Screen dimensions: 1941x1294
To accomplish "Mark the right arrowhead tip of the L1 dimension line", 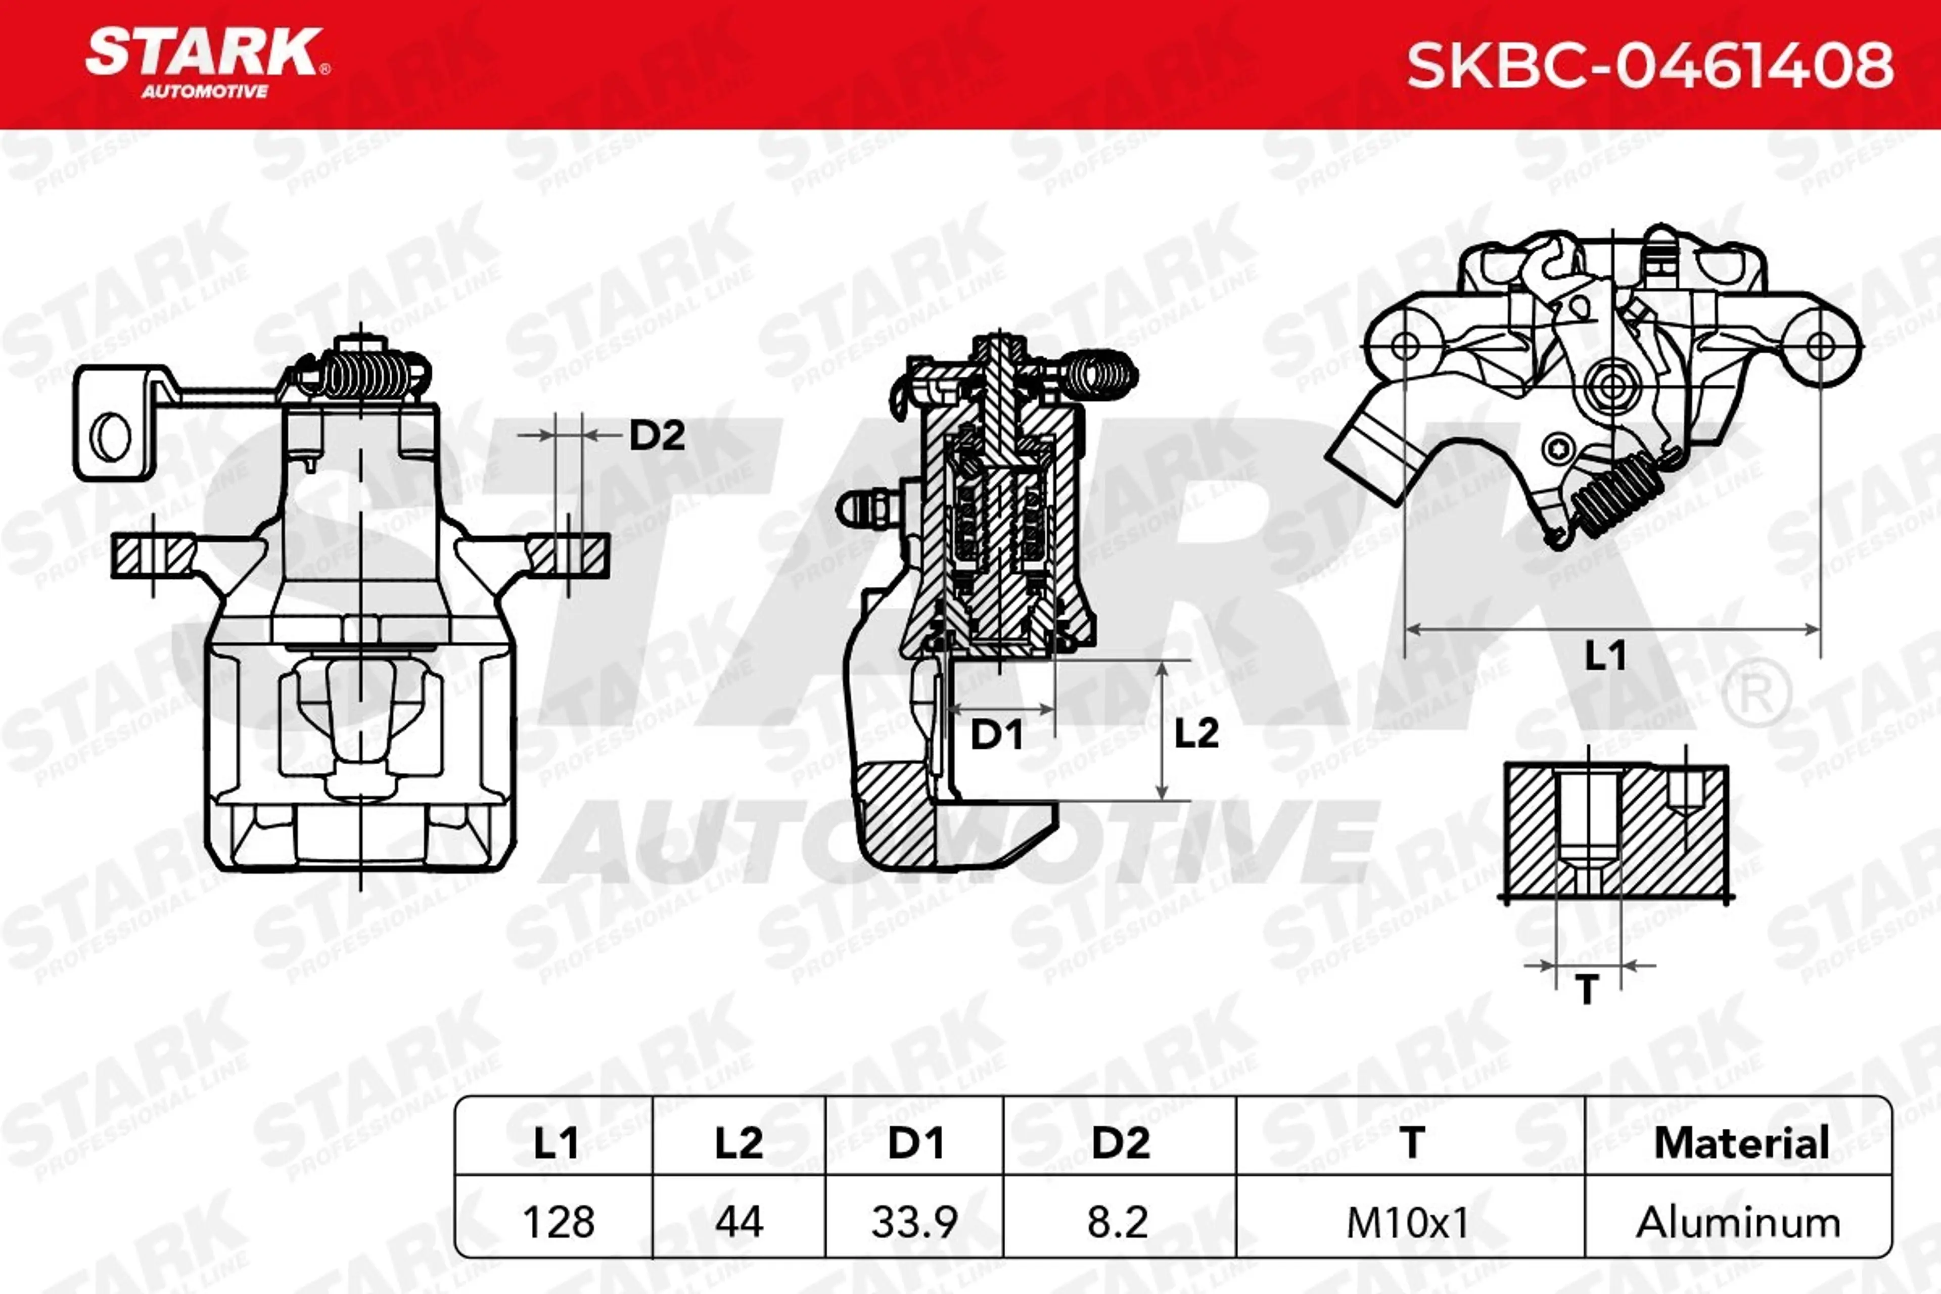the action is [x=1819, y=630].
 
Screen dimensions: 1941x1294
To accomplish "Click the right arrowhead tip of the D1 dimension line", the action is [x=1054, y=708].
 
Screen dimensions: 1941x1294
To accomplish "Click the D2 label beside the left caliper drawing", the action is [x=657, y=435].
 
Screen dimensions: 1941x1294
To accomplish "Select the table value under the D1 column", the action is [x=914, y=1222].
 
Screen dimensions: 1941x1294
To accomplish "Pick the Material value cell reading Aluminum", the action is [x=1737, y=1222].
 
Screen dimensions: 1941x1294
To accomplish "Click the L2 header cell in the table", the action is [x=738, y=1143].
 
